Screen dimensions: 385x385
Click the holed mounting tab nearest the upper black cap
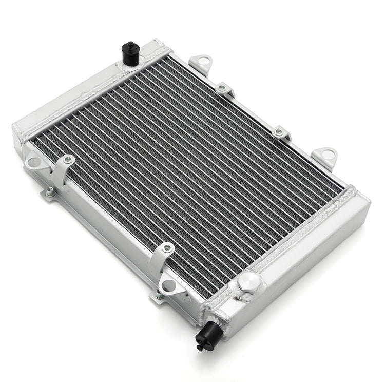201,64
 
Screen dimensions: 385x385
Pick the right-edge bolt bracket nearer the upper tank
224,89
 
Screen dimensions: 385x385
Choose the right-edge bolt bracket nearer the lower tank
280,132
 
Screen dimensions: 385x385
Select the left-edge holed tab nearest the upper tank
34,162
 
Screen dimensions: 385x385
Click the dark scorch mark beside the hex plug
237,297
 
